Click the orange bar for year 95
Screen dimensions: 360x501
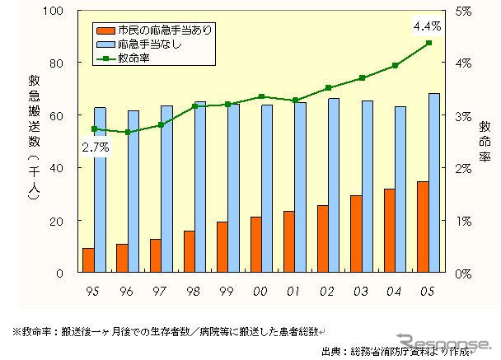click(x=88, y=260)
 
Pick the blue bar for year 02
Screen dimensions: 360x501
click(x=311, y=185)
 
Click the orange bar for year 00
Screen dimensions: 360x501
click(x=256, y=245)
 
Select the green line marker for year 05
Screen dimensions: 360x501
click(x=428, y=43)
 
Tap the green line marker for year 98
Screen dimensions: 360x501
click(x=194, y=106)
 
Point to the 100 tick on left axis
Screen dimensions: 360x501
click(x=55, y=11)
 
